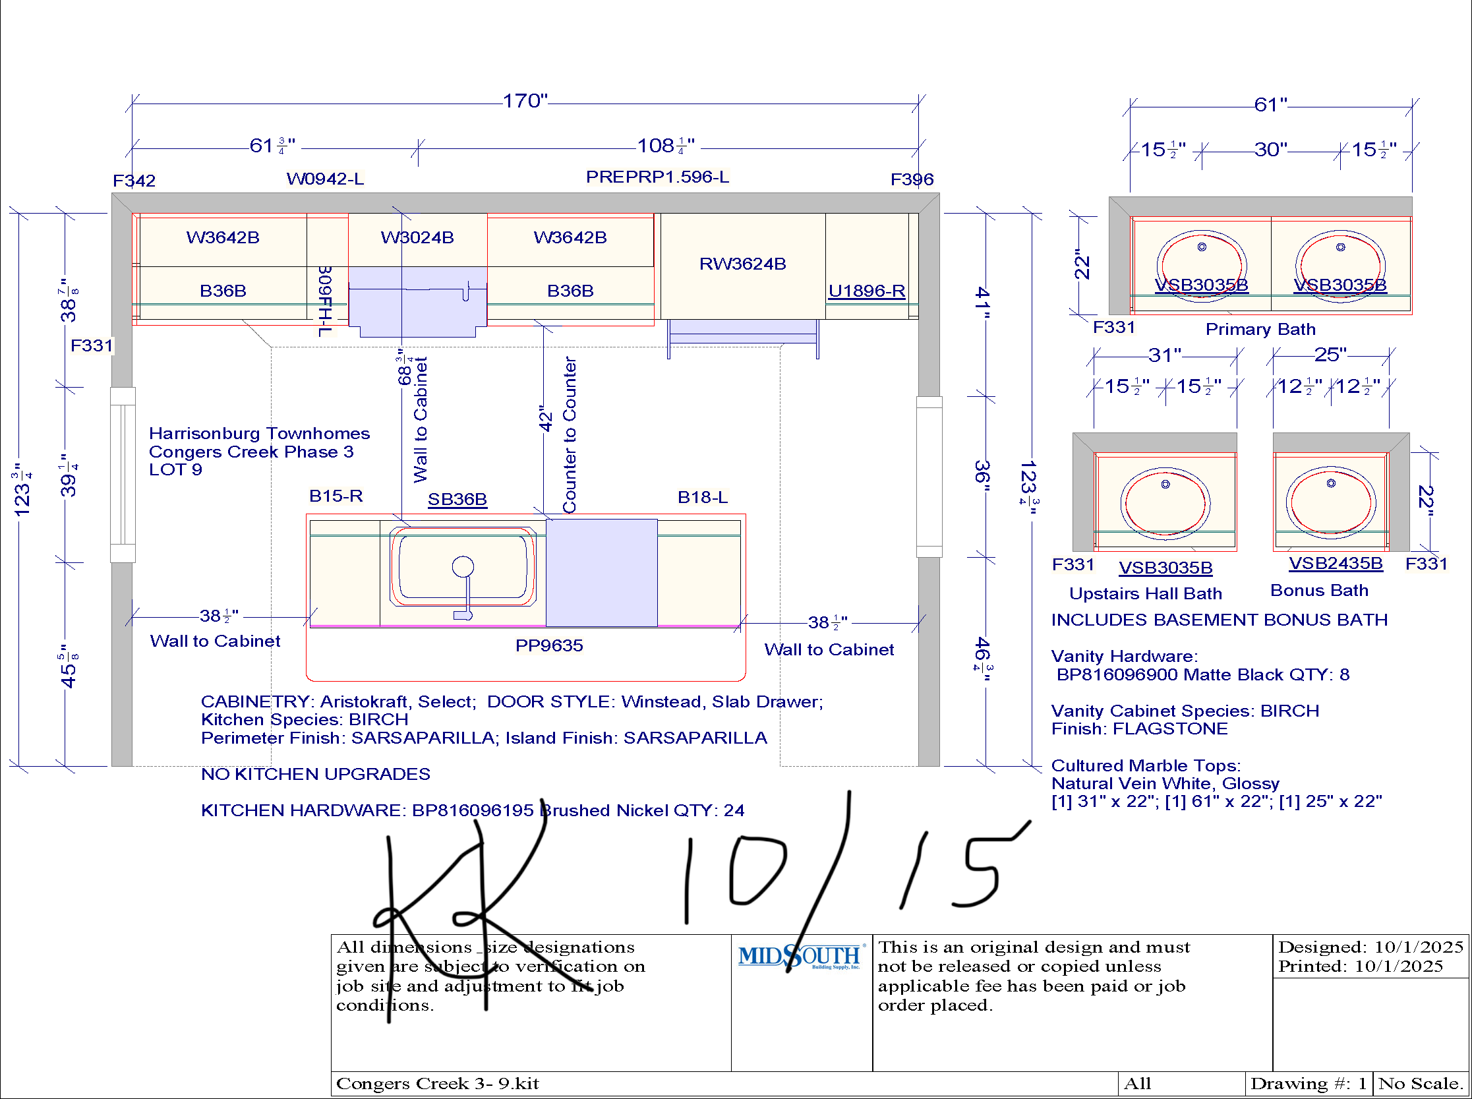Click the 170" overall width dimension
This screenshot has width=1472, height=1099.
pos(525,100)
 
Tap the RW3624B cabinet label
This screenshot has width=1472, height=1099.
pos(742,264)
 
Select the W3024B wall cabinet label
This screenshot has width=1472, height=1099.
pos(417,237)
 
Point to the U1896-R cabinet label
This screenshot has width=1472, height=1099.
pos(867,291)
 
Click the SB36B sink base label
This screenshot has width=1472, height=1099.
pos(457,499)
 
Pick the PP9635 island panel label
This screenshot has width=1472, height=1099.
pos(548,645)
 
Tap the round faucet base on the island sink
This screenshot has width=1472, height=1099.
pos(463,567)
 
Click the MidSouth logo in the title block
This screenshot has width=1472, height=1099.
pos(801,957)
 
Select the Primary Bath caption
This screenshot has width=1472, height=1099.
pos(1260,329)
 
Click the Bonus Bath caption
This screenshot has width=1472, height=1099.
pos(1319,590)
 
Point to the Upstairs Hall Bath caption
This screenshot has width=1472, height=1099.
pos(1146,593)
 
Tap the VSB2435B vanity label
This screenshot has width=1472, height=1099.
pos(1336,564)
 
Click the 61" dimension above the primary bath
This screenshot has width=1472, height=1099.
pos(1270,104)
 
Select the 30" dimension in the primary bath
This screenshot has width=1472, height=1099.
pos(1270,149)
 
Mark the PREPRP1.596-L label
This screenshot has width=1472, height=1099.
pos(657,177)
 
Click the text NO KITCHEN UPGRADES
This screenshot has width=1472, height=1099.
pos(315,775)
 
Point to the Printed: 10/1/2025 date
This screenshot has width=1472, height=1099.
pos(1360,966)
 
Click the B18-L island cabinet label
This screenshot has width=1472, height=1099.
pos(703,497)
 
